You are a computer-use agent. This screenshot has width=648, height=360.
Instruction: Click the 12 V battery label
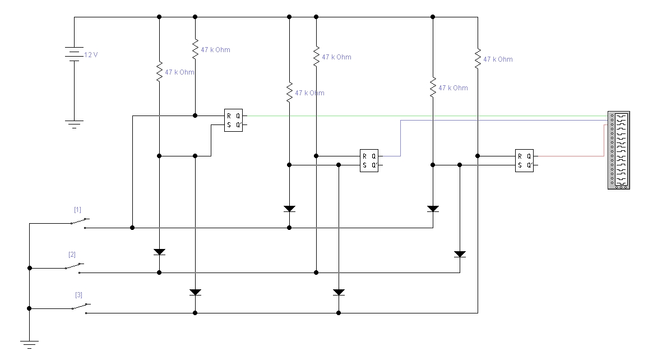[91, 54]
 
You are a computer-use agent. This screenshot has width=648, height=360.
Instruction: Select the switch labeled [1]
[78, 223]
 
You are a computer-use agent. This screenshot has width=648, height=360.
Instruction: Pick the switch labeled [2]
[73, 268]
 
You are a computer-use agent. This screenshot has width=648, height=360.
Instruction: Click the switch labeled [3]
[80, 308]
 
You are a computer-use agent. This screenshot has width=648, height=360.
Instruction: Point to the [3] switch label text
[78, 295]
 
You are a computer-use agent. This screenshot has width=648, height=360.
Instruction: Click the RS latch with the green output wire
[234, 120]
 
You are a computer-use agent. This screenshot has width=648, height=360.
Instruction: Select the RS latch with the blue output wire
[369, 161]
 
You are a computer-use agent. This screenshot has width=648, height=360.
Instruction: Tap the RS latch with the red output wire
[524, 161]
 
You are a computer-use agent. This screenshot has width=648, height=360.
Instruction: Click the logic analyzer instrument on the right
[619, 150]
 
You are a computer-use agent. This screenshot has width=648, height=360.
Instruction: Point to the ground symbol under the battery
[75, 124]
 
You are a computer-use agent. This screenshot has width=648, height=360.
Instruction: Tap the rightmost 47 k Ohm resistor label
[498, 59]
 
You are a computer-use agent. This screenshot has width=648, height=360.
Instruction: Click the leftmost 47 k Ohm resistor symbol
[159, 72]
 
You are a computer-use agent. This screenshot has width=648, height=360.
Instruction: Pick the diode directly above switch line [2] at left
[159, 252]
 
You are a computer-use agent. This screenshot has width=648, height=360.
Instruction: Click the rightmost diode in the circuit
[460, 254]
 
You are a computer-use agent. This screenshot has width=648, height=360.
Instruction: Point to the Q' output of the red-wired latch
[529, 165]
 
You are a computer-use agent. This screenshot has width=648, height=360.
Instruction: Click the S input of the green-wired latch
[229, 125]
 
